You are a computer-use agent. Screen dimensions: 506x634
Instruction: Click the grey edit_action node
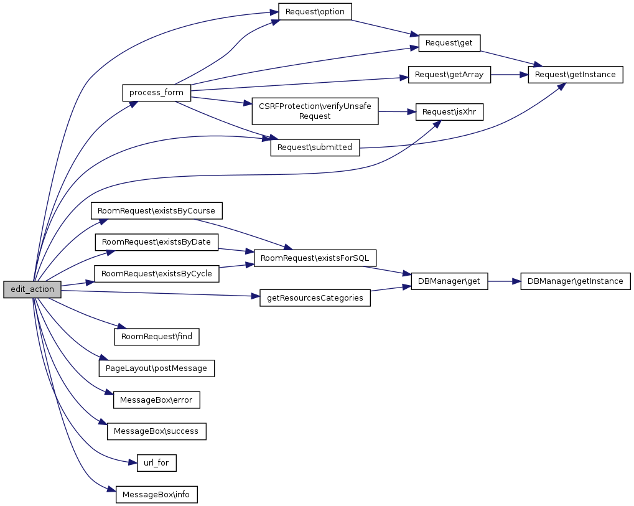pyautogui.click(x=32, y=289)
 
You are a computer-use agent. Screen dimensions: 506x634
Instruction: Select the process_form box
pyautogui.click(x=156, y=93)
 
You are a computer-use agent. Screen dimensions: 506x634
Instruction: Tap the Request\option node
pyautogui.click(x=315, y=11)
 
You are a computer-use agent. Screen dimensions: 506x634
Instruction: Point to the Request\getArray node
pyautogui.click(x=449, y=75)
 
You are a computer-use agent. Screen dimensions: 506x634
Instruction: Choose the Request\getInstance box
pyautogui.click(x=576, y=75)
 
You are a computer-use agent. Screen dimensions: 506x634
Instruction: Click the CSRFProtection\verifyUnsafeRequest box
pyautogui.click(x=315, y=111)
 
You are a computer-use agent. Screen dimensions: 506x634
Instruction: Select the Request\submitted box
pyautogui.click(x=315, y=148)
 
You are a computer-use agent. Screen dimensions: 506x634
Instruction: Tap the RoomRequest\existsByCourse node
pyautogui.click(x=157, y=210)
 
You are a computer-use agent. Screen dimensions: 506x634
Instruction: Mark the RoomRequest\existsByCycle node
pyautogui.click(x=157, y=273)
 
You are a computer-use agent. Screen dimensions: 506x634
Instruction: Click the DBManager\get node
pyautogui.click(x=449, y=281)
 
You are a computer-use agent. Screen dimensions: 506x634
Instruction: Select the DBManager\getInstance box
pyautogui.click(x=576, y=281)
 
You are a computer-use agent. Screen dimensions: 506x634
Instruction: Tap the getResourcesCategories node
pyautogui.click(x=315, y=298)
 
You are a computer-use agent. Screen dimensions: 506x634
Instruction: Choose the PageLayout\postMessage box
pyautogui.click(x=157, y=368)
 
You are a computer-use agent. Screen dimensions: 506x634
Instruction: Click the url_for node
pyautogui.click(x=157, y=462)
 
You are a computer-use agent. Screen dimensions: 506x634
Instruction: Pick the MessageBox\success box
pyautogui.click(x=157, y=431)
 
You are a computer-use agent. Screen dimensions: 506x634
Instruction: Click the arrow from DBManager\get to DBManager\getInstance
pyautogui.click(x=504, y=281)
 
